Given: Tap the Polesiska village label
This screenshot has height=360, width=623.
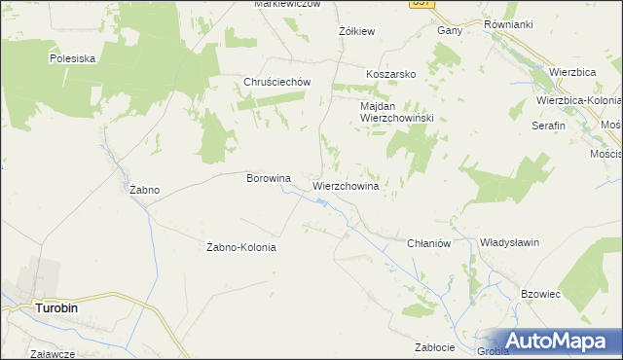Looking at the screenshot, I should tap(73, 58).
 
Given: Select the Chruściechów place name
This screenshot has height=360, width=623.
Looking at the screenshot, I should tap(276, 83).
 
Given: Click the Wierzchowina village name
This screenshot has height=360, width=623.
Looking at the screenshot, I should tap(346, 184).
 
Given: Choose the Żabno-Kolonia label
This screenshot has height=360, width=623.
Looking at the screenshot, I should tap(242, 247).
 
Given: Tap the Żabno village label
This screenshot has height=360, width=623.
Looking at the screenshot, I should tap(144, 190).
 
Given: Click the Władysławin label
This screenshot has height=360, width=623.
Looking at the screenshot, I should tap(510, 242).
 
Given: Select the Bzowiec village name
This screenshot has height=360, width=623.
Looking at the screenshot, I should tap(542, 293).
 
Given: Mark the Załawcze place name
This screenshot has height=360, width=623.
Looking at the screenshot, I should tap(53, 354).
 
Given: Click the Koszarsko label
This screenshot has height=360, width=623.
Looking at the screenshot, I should tap(391, 74).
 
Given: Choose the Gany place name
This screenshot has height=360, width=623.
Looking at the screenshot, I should tap(449, 30).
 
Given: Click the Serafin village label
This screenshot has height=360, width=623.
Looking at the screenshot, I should tap(548, 126).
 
